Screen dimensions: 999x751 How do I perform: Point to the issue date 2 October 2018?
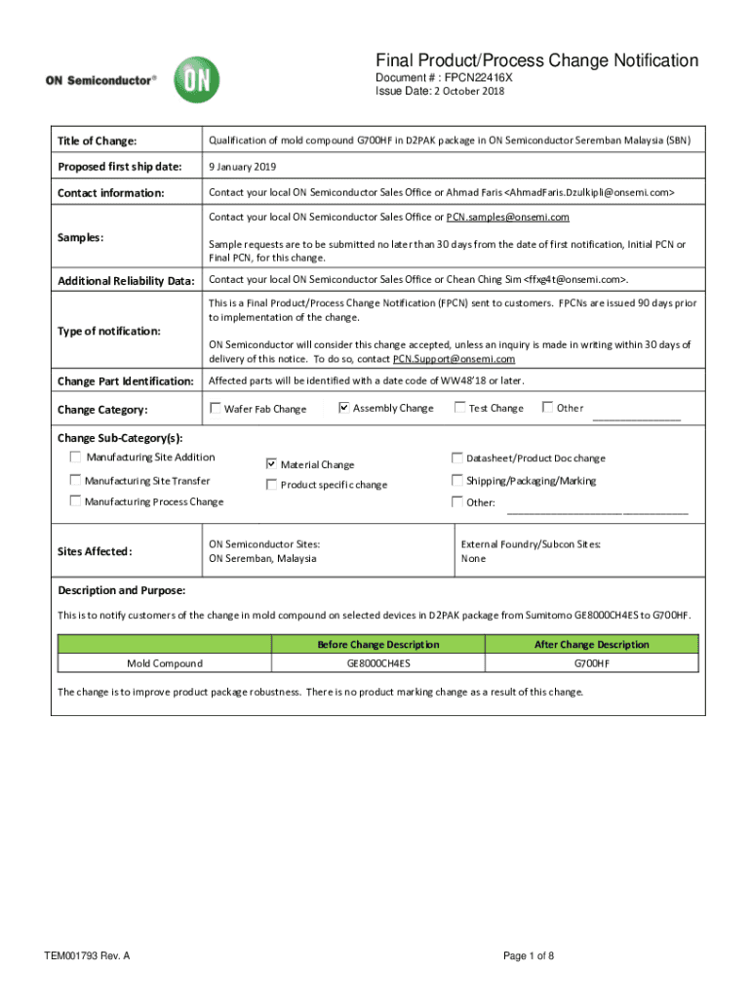coord(462,91)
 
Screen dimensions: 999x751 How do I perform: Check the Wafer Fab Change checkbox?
coord(216,408)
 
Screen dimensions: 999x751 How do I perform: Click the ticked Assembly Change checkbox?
coord(343,408)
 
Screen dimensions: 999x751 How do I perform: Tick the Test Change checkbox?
coord(459,408)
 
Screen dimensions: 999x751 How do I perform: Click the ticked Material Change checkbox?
coord(272,463)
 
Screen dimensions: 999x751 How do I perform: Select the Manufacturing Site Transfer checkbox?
coord(75,480)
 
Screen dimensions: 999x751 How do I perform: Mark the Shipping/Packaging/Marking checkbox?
coord(456,480)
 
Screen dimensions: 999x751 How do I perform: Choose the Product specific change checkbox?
coord(272,484)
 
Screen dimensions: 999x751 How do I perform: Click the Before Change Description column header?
coord(378,644)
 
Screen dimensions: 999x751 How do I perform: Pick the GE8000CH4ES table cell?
coord(378,663)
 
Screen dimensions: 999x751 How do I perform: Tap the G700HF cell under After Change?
coord(591,663)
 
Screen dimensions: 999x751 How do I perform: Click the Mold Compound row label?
coord(165,663)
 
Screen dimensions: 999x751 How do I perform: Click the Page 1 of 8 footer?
coord(528,955)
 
